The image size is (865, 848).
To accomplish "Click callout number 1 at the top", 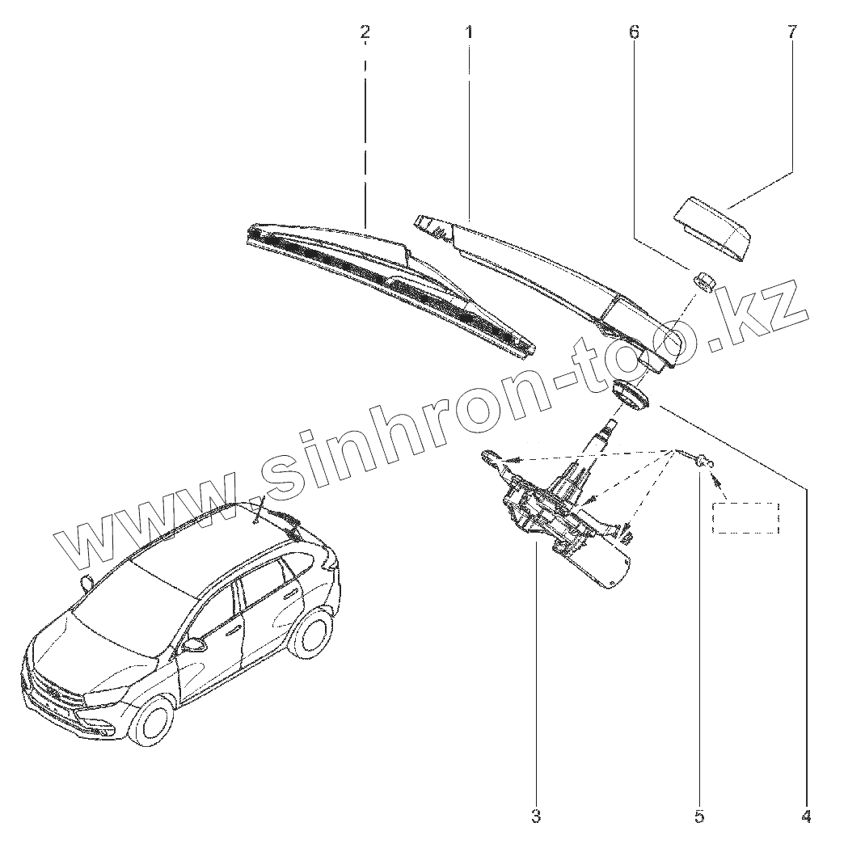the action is tap(469, 32).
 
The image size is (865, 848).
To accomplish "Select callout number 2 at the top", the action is tap(365, 32).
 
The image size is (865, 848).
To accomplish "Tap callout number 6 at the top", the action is tap(634, 32).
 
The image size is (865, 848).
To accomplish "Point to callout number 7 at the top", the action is tap(791, 32).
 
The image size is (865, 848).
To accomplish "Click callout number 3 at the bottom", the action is tap(536, 816).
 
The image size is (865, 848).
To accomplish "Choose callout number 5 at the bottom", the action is tap(699, 816).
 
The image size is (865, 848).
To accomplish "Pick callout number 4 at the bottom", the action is tap(805, 816).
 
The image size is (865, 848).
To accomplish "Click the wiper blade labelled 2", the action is tap(388, 283).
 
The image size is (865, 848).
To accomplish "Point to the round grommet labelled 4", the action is tap(630, 395).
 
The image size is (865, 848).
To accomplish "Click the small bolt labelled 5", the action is tap(702, 463).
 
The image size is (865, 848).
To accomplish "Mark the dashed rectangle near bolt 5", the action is tap(745, 517).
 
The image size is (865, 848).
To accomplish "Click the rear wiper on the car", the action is tap(283, 517).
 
